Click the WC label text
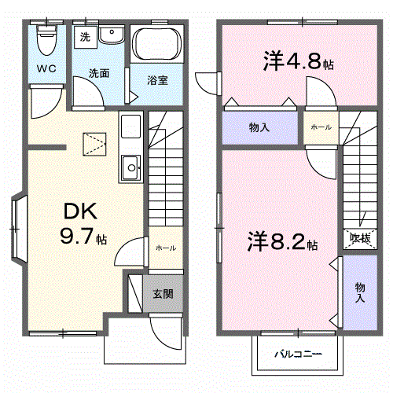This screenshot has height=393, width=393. (47, 69)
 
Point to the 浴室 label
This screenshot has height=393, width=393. (156, 79)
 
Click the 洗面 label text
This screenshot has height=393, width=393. (98, 73)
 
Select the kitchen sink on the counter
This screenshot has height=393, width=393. (130, 166)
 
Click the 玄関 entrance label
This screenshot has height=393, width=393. (163, 294)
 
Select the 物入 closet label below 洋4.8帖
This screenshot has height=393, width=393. (259, 127)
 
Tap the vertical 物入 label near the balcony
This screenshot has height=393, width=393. (359, 292)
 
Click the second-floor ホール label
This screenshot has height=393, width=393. (320, 127)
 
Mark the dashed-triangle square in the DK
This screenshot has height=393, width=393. (94, 141)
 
